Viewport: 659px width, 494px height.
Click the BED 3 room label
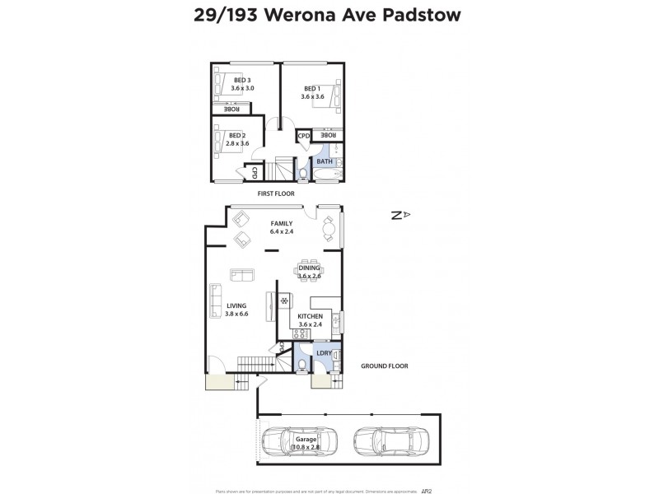click(242, 80)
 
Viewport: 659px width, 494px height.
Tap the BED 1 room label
click(311, 89)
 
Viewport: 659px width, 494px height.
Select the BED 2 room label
click(237, 135)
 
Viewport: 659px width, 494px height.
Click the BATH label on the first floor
click(325, 161)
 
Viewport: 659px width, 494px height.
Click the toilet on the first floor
click(301, 174)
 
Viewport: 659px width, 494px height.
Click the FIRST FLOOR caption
click(275, 193)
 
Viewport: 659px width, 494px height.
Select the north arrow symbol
click(400, 215)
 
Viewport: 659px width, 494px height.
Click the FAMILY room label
click(282, 223)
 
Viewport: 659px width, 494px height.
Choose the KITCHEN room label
click(310, 316)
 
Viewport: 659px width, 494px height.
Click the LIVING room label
click(236, 305)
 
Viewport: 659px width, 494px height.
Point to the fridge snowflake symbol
click(284, 301)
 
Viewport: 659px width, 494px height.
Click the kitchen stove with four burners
click(300, 333)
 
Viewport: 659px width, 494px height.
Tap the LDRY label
click(325, 353)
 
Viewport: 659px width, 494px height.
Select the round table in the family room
click(329, 226)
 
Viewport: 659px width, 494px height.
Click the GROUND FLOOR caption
click(385, 366)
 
